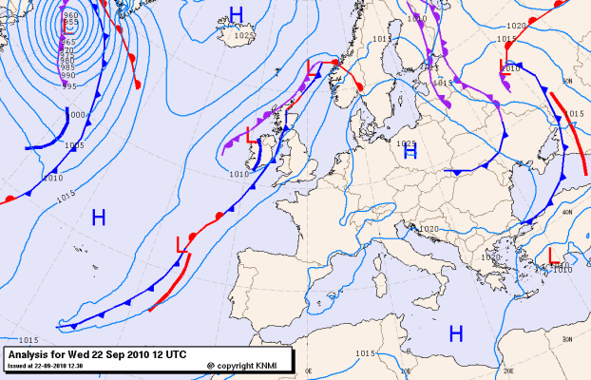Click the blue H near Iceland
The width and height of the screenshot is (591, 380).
(237, 13)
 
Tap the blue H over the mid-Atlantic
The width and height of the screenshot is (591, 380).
(98, 218)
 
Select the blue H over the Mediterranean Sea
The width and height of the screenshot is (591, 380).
(456, 332)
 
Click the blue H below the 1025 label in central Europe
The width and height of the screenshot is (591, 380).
(410, 152)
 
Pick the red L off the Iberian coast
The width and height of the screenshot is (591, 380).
(181, 245)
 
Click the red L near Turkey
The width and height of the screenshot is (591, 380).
(554, 255)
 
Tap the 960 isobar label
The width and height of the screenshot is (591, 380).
(70, 16)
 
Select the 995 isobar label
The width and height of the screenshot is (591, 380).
(68, 85)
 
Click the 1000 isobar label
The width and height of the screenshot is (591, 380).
(78, 114)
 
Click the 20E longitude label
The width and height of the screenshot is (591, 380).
(507, 371)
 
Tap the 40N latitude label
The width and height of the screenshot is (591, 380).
(567, 212)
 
